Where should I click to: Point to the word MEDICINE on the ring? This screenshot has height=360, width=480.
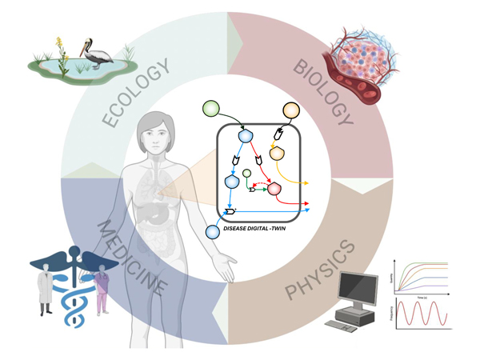coord(133,257)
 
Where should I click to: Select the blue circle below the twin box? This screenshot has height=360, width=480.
coord(212,232)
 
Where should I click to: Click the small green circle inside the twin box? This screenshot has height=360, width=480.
coord(247,173)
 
